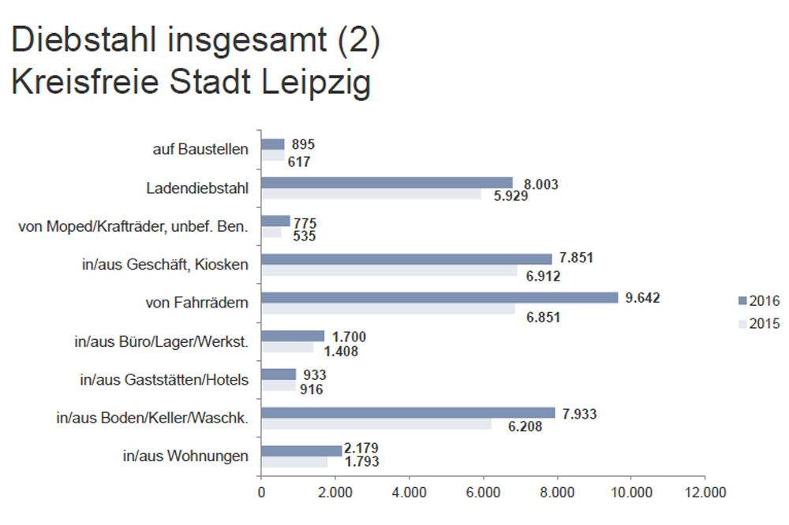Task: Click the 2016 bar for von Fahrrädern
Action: click(x=439, y=298)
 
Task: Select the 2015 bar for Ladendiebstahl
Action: click(x=371, y=194)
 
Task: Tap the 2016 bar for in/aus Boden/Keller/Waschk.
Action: click(x=408, y=413)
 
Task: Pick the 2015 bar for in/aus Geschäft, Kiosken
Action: click(x=389, y=270)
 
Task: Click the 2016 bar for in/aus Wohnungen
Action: click(x=301, y=451)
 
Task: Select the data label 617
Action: click(x=299, y=162)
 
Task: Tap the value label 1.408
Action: click(x=339, y=352)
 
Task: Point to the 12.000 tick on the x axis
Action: click(x=705, y=493)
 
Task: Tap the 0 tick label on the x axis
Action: click(x=261, y=493)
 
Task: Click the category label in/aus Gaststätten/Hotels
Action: click(x=164, y=379)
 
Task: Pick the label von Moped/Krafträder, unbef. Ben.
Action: click(x=133, y=226)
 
